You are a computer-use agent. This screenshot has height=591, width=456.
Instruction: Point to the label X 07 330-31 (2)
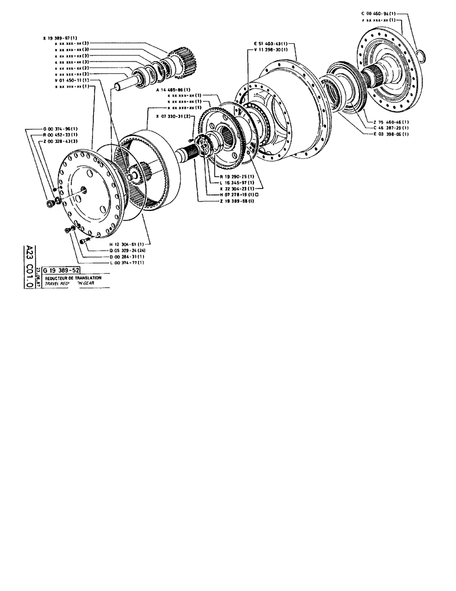pyautogui.click(x=171, y=116)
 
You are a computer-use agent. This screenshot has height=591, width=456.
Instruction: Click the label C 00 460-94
pyautogui.click(x=379, y=13)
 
